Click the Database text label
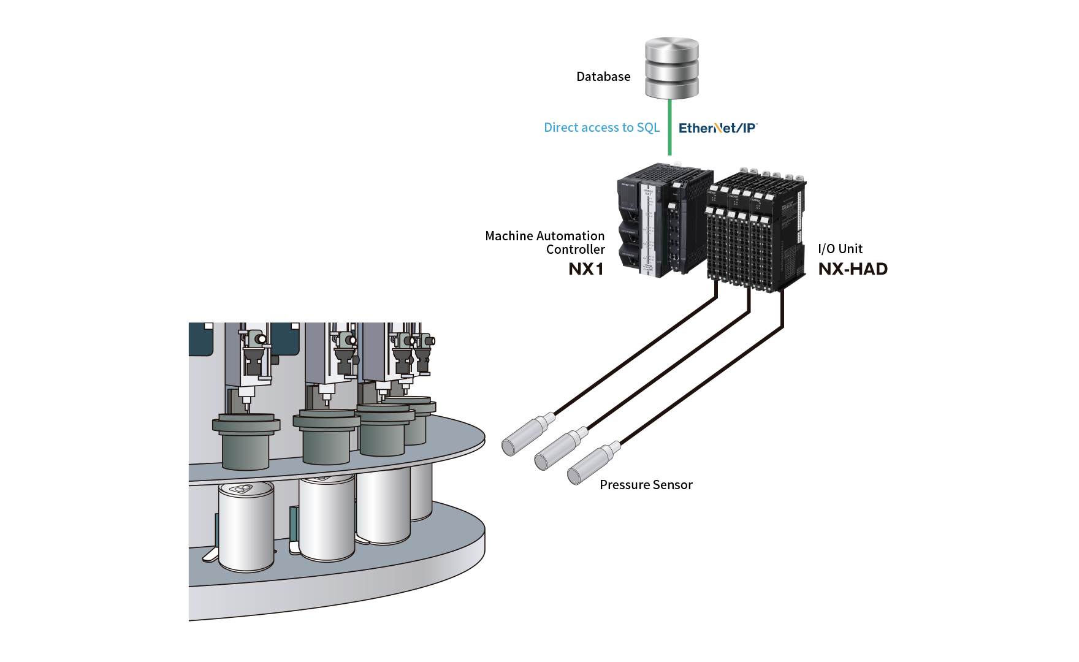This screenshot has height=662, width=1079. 603,77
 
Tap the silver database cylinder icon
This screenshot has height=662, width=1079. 671,67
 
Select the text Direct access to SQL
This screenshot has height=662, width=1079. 601,127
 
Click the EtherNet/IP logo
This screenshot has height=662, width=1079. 717,128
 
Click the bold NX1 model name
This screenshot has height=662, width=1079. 586,269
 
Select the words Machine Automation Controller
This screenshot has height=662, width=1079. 545,243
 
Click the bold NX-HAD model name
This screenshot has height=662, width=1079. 853,269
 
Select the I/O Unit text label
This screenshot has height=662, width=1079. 840,249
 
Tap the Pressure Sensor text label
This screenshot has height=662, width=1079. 646,485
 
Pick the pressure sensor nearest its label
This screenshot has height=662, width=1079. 592,465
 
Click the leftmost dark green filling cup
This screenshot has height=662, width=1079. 246,441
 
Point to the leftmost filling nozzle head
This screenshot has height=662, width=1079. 253,356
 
